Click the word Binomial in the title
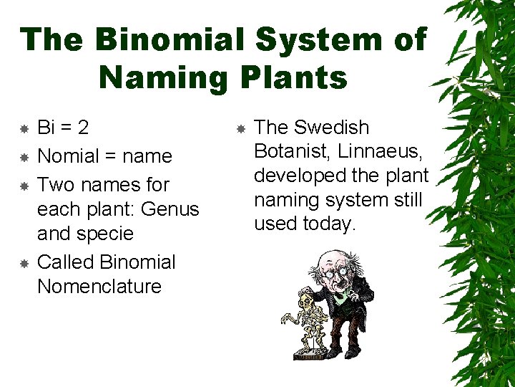coord(172,40)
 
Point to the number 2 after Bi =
coord(83,128)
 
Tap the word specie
coord(106,234)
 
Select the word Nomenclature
coord(99,287)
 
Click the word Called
coord(66,262)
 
